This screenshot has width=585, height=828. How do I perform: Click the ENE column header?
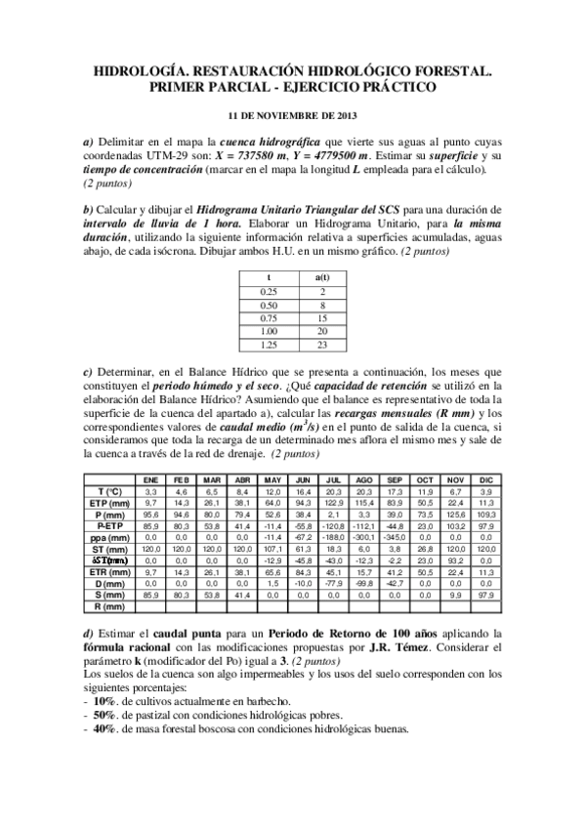pyautogui.click(x=151, y=480)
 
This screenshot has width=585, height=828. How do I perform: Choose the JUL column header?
pyautogui.click(x=333, y=480)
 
